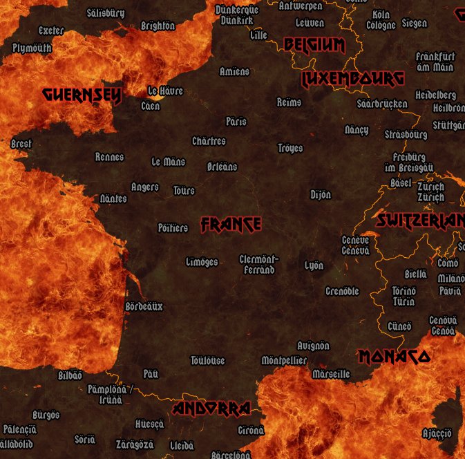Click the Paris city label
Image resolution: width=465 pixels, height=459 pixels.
tap(236, 121)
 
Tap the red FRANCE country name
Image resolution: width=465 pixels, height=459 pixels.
tap(231, 224)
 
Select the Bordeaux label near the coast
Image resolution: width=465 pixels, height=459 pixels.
tap(144, 306)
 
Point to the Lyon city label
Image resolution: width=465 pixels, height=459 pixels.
tap(314, 265)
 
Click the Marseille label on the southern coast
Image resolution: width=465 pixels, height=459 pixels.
tap(331, 374)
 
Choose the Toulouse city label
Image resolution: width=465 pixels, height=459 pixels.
tap(208, 360)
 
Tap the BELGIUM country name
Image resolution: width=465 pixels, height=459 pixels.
tap(314, 46)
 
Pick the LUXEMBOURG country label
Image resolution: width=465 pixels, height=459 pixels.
tap(352, 79)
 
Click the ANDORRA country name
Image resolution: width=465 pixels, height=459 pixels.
tap(211, 409)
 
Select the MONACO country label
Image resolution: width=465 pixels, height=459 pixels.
tap(394, 357)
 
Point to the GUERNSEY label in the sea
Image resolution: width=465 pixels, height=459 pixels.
tap(82, 95)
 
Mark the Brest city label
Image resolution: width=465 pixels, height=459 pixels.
tap(21, 144)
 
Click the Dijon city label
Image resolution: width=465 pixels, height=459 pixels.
tap(321, 194)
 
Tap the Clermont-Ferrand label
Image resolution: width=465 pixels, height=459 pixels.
tap(259, 264)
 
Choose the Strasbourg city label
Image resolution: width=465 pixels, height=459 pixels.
tap(406, 133)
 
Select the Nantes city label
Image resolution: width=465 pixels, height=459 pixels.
tap(113, 198)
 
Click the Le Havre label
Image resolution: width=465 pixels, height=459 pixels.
tap(166, 91)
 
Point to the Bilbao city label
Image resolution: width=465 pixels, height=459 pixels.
tap(70, 375)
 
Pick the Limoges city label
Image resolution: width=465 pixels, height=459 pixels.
tap(202, 262)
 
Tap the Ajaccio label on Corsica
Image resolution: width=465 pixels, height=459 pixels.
tap(437, 433)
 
